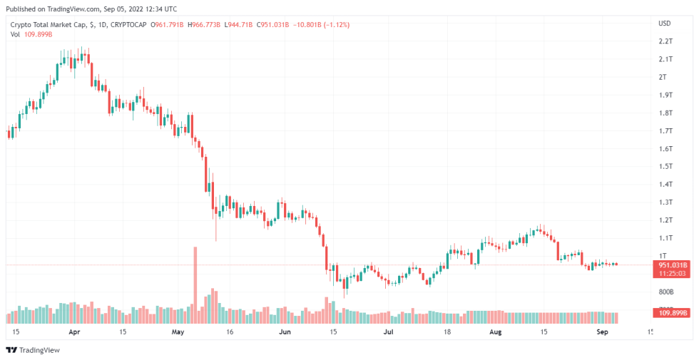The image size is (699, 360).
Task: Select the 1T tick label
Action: [x=663, y=256]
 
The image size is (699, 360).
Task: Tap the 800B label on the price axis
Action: [x=665, y=292]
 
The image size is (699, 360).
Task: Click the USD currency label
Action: [x=664, y=24]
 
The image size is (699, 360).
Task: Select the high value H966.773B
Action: [x=203, y=25]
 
